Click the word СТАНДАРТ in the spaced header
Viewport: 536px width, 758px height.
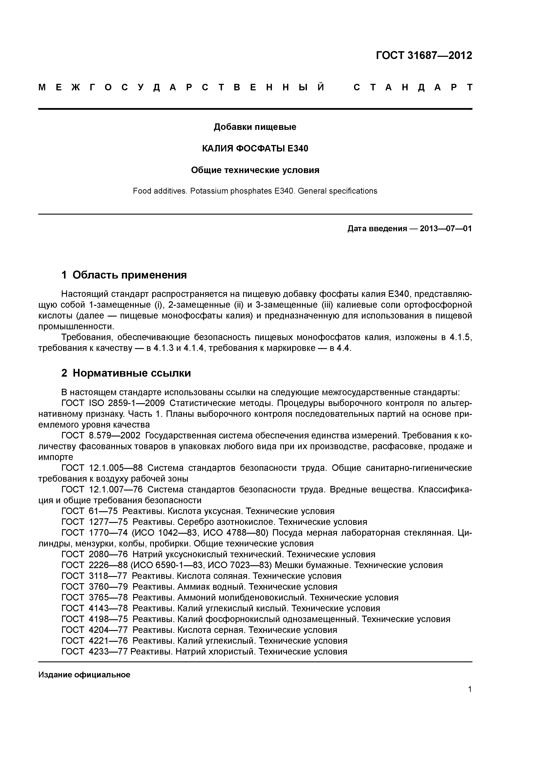click(x=413, y=88)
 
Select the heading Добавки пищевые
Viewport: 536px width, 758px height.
click(x=255, y=127)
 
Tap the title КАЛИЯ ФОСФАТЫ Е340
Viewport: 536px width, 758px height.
click(x=255, y=149)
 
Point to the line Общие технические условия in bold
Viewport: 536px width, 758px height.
click(x=255, y=170)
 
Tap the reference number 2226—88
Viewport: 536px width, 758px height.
click(x=108, y=565)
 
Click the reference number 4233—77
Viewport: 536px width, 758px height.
click(x=108, y=651)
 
